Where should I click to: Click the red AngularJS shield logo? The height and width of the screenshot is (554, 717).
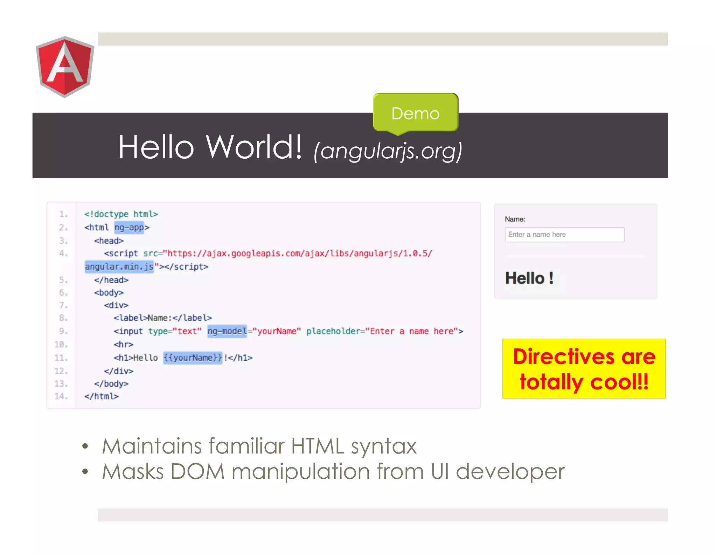(65, 67)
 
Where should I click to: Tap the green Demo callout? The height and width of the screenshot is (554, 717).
(415, 113)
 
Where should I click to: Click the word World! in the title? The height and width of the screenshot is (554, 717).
(253, 147)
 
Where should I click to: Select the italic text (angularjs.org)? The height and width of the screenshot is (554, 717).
(388, 151)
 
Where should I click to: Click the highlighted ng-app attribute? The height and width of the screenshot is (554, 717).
(129, 228)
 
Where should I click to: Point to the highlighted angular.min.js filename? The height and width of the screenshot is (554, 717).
(119, 267)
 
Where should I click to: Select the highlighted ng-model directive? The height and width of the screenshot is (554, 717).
(227, 331)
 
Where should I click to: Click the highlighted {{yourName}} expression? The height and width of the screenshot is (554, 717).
(193, 358)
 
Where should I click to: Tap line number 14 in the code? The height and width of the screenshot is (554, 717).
(61, 396)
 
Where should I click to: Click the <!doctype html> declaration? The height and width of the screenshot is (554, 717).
(121, 214)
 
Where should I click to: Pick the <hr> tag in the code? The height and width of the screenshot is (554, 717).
(123, 345)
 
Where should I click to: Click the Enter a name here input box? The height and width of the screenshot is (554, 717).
(564, 235)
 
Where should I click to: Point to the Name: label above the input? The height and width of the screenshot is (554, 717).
(515, 219)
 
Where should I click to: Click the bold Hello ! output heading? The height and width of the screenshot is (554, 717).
(529, 278)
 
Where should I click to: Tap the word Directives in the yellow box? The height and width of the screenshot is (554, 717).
(564, 357)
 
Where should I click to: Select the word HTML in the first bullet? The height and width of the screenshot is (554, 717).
(318, 446)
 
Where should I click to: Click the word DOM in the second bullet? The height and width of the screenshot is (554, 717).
(197, 471)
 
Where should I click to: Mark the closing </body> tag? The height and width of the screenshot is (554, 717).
(111, 384)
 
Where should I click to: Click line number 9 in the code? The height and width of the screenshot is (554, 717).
(63, 331)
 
